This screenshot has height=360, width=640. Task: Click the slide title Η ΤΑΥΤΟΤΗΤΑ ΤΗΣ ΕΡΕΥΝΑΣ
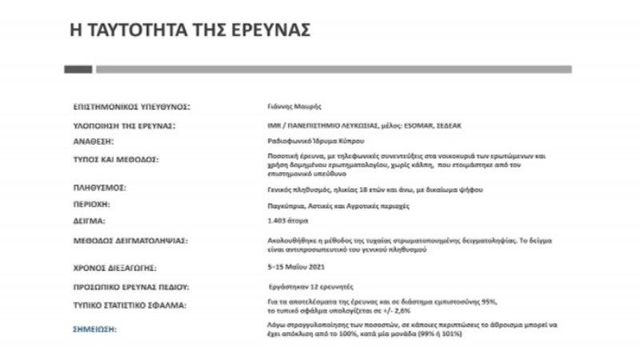(x=190, y=30)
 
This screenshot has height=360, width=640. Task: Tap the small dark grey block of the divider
(x=78, y=70)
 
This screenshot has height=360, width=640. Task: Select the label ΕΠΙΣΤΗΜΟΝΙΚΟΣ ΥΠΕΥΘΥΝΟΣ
(x=132, y=106)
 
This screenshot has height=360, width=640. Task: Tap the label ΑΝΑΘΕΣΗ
(x=94, y=140)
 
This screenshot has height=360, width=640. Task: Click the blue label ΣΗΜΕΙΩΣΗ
(x=94, y=328)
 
